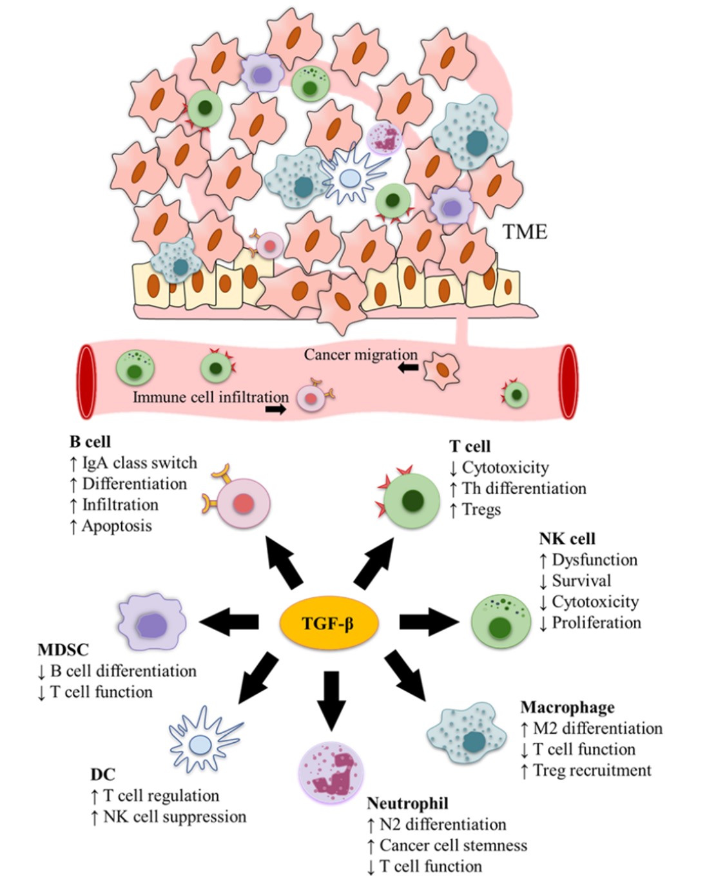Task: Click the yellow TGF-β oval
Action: coord(328,624)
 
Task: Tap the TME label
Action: coord(525,232)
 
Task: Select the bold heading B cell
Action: coord(90,442)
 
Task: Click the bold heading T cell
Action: coord(470,446)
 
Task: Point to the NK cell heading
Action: coord(567,539)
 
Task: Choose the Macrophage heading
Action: coord(567,707)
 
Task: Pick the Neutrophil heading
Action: coord(407,803)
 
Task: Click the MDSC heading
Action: coord(63,649)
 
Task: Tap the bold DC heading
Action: coord(102,774)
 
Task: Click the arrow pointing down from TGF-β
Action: coord(331,699)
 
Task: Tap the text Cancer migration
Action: coord(360,355)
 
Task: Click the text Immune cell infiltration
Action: coord(210,398)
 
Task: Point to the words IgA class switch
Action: coord(139,463)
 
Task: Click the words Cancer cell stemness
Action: coord(453,845)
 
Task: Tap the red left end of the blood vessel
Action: coord(86,382)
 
